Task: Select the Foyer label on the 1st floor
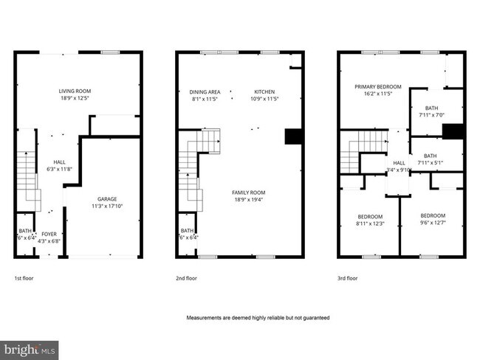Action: [x=49, y=234]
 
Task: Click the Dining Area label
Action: [x=206, y=91]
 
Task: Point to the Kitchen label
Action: [x=264, y=91]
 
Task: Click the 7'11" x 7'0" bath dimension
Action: [x=432, y=115]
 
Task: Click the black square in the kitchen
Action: [x=293, y=137]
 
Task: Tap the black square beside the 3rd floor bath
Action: [x=452, y=131]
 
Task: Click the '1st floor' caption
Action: [x=24, y=279]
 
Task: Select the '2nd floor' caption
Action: [x=186, y=279]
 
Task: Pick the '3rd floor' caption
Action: [x=347, y=279]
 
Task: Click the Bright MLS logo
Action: [x=30, y=348]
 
